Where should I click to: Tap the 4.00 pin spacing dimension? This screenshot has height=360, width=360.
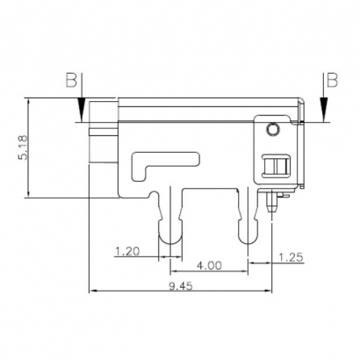click(208, 263)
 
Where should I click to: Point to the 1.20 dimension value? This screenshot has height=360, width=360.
click(129, 251)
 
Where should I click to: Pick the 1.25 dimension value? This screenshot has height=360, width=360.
click(292, 256)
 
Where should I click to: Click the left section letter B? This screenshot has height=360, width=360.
click(71, 82)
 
